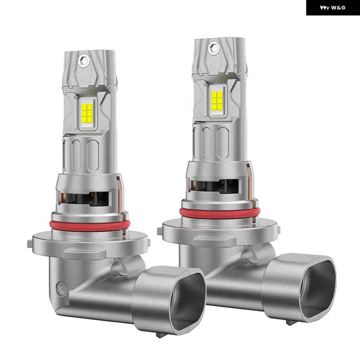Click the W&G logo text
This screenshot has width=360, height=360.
click(x=338, y=8)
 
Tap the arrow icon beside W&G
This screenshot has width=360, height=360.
click(x=324, y=8)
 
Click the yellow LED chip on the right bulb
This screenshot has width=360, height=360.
click(x=217, y=100)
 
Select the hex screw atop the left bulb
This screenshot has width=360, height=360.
click(x=83, y=60)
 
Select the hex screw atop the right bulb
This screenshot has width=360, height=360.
click(x=214, y=47)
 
